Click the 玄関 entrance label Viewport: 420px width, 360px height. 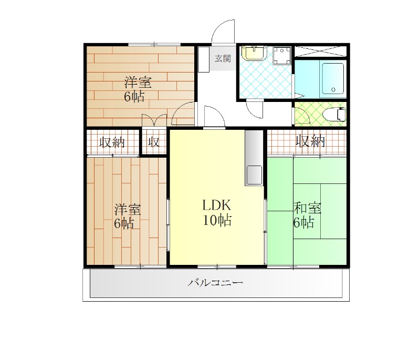coord(223,58)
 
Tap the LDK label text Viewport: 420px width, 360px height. coord(216,205)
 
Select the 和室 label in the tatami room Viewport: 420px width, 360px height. coord(308,208)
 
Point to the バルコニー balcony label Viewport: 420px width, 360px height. coord(215,283)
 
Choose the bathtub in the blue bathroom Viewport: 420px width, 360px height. coord(333,78)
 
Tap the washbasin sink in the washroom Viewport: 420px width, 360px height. coord(254,53)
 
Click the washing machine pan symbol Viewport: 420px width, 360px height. coord(282,56)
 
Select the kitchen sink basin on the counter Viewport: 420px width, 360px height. coord(254,174)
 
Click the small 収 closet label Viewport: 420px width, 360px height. coord(154,142)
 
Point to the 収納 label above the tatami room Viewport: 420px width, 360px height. coord(310,141)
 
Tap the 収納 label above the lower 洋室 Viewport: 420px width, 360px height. coord(112,142)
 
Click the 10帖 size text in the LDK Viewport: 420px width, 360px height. coord(217,220)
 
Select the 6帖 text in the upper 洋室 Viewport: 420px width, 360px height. coord(134,97)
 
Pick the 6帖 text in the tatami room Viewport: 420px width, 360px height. coord(304,222)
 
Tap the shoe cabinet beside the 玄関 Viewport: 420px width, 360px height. coord(204,59)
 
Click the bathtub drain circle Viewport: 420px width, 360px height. coord(333,89)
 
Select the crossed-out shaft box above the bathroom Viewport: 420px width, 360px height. coord(320,51)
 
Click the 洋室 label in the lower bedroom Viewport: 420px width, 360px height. coord(128,210)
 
